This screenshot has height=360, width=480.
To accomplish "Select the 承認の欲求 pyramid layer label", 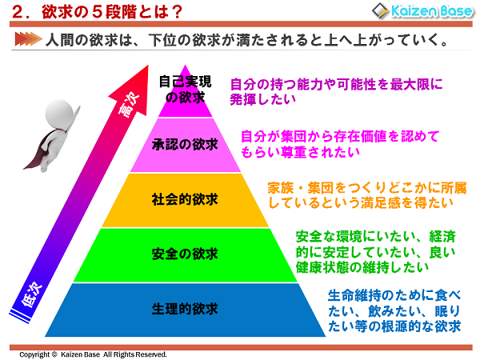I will click(185, 145).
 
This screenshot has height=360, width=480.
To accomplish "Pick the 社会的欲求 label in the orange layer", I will click(185, 198).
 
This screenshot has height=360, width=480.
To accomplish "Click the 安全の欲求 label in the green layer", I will click(185, 254).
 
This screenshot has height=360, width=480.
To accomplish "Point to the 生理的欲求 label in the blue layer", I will click(185, 309).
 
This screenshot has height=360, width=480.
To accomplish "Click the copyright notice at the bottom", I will click(93, 354).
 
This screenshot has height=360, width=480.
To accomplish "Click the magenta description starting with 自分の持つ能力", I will click(336, 90).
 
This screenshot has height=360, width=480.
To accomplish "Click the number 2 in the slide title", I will click(18, 13).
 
